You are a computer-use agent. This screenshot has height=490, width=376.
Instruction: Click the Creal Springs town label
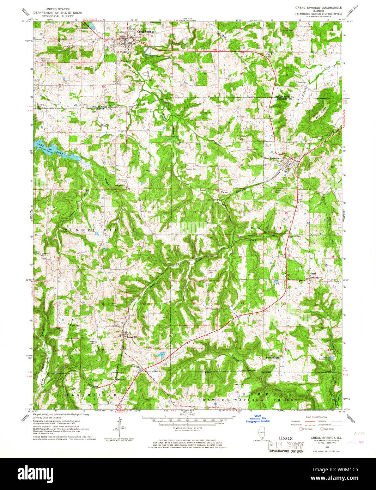pyautogui.click(x=145, y=31)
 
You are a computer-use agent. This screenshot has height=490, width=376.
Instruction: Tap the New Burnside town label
pyautogui.click(x=272, y=159)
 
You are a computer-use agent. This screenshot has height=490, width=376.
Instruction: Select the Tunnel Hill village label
pyautogui.click(x=131, y=337)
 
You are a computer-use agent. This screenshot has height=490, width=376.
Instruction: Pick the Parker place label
pyautogui.click(x=225, y=192)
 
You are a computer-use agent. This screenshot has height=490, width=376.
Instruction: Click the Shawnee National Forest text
pyautogui.click(x=247, y=400)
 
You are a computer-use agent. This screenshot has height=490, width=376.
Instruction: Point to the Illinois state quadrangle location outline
pyautogui.click(x=261, y=433)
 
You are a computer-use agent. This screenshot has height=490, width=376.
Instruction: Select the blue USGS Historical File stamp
pyautogui.click(x=258, y=419)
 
